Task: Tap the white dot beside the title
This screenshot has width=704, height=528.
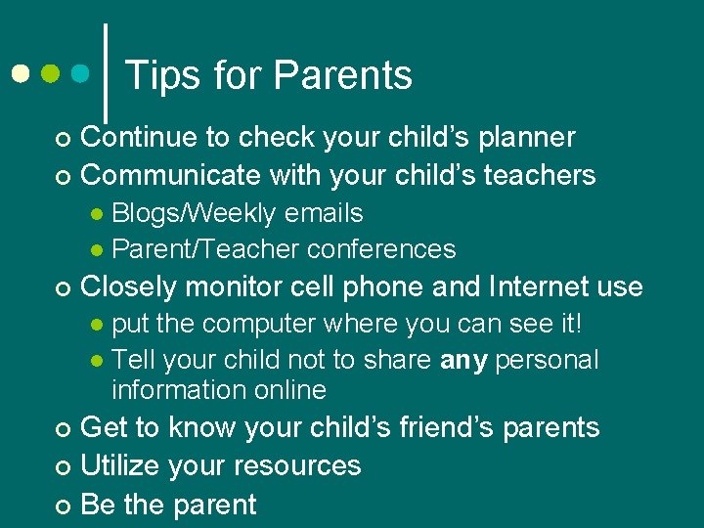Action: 20,73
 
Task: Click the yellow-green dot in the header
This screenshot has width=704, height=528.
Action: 51,73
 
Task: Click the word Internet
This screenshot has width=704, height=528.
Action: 533,286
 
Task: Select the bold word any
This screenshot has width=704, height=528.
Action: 464,361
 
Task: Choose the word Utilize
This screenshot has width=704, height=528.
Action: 122,465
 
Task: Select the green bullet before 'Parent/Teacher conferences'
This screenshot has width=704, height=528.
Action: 97,250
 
